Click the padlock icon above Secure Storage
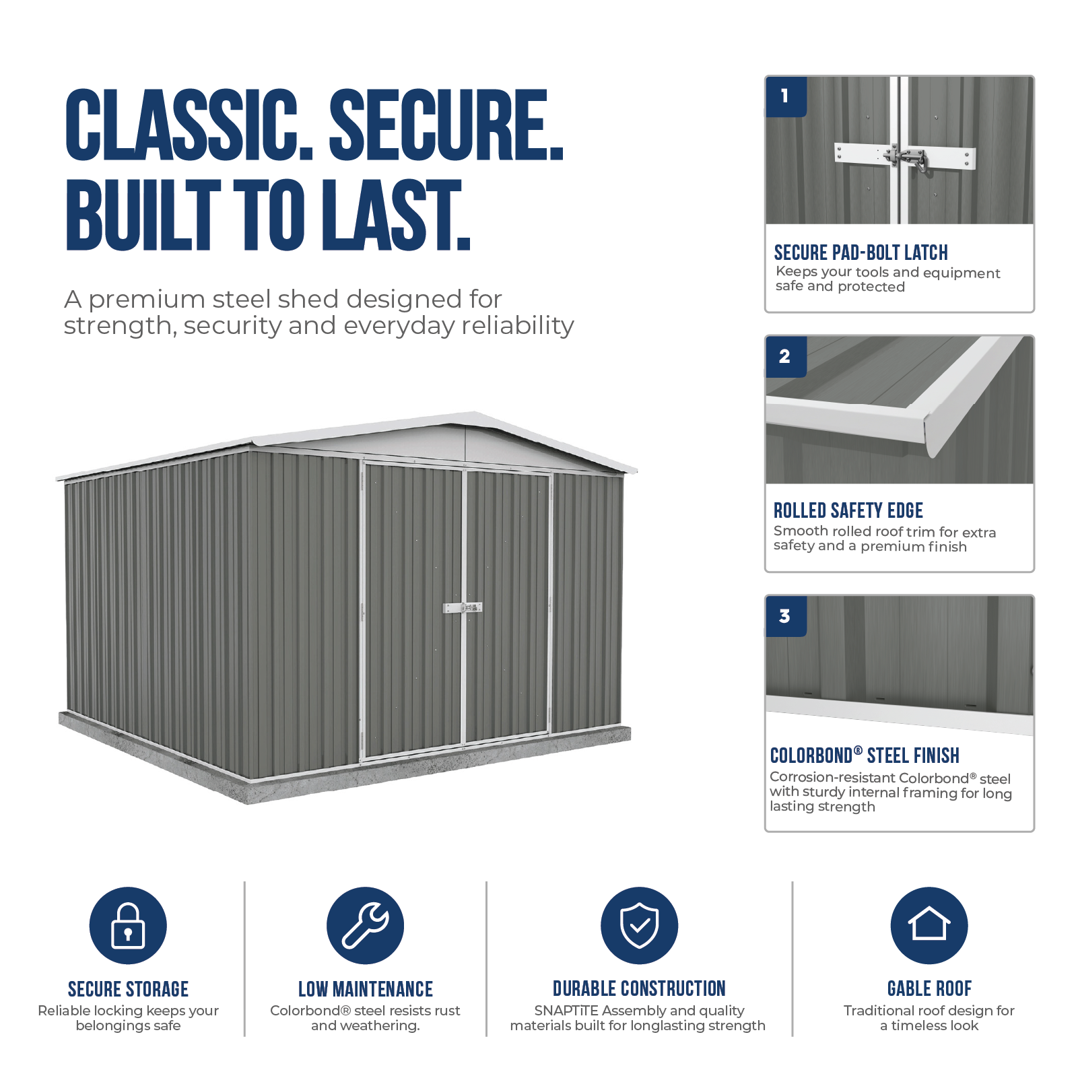tap(128, 925)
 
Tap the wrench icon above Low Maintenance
tap(365, 925)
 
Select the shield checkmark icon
tap(639, 925)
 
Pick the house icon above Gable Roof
tap(929, 925)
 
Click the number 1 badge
tap(786, 96)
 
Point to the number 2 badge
tap(786, 356)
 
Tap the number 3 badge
tap(786, 616)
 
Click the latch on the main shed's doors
tap(463, 607)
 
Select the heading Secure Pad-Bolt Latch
tap(861, 252)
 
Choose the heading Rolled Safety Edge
tap(848, 510)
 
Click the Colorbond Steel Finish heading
tap(865, 755)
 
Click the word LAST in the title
tap(395, 215)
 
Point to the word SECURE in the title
tap(446, 125)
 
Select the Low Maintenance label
tap(366, 989)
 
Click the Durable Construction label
tap(639, 988)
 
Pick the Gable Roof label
tap(929, 988)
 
